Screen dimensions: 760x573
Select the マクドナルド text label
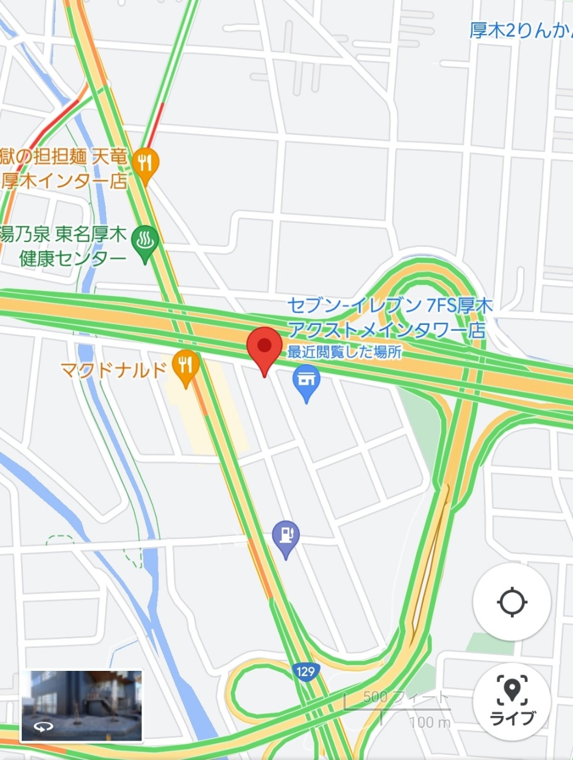114,370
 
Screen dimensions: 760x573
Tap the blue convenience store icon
306,380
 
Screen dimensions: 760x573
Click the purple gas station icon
286,536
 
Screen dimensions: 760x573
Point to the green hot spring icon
144,241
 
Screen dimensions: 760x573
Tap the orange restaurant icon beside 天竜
145,163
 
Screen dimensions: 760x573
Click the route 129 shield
306,671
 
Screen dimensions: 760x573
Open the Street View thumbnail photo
82,706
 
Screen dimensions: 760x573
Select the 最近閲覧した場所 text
344,352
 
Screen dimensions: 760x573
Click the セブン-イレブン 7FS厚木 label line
389,306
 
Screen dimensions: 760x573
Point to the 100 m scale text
430,722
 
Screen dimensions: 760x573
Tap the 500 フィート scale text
405,697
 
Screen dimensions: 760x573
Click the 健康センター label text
73,258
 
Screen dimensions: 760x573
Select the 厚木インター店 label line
64,181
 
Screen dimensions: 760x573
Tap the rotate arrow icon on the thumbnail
43,727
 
